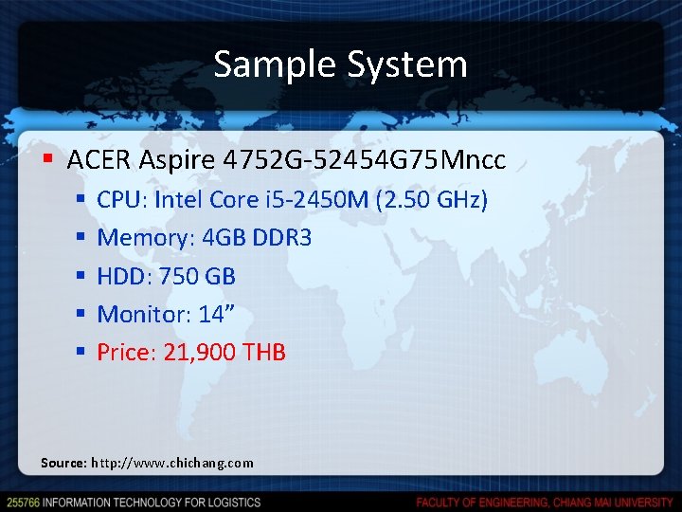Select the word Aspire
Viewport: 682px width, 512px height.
click(x=176, y=160)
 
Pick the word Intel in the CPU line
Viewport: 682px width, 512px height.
click(x=179, y=200)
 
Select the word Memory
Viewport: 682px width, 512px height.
click(x=145, y=238)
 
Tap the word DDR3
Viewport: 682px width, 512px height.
click(x=282, y=238)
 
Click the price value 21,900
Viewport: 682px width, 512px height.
click(x=200, y=353)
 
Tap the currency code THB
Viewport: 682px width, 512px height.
click(x=264, y=353)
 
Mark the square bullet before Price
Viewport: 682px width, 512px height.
click(x=81, y=353)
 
